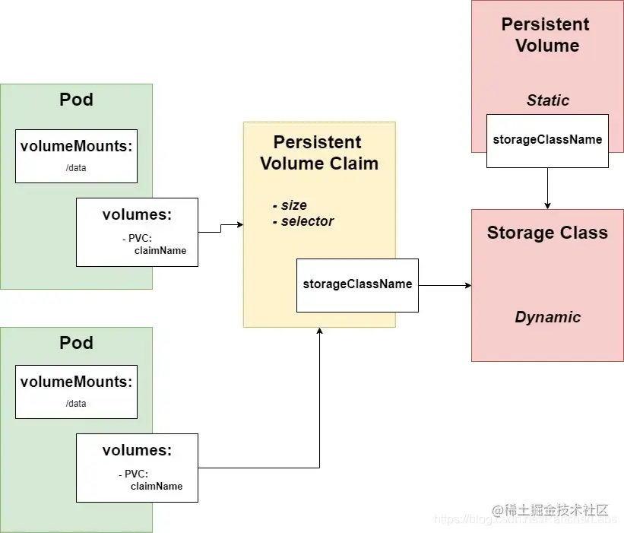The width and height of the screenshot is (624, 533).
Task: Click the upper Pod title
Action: tap(76, 100)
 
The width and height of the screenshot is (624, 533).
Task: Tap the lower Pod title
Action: tap(76, 343)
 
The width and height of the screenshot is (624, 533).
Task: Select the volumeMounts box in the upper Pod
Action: tap(76, 156)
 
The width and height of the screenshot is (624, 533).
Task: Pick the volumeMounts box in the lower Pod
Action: tap(76, 392)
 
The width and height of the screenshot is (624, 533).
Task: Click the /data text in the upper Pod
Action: tap(76, 167)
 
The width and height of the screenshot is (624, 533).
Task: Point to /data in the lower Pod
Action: tap(76, 403)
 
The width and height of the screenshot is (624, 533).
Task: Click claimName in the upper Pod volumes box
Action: tap(160, 250)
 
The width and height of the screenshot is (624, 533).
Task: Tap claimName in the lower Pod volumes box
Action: tap(157, 486)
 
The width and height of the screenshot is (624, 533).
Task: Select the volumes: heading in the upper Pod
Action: tap(137, 215)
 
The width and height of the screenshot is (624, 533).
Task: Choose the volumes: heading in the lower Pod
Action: tap(137, 451)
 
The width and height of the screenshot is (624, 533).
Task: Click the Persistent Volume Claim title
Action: tap(319, 153)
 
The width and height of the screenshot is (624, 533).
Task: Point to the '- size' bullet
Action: tap(290, 205)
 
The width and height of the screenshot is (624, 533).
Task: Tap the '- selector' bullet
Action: tap(302, 221)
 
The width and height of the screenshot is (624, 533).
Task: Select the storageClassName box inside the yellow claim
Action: tap(357, 284)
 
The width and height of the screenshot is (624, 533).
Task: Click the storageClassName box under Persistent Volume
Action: tap(547, 140)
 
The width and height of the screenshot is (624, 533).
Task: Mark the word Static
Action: tap(547, 100)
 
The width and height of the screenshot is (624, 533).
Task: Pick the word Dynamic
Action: tap(547, 317)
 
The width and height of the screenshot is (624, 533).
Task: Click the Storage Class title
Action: tap(547, 233)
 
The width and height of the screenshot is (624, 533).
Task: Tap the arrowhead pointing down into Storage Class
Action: tap(547, 205)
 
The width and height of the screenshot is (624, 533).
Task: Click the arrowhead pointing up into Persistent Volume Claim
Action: tap(319, 332)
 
